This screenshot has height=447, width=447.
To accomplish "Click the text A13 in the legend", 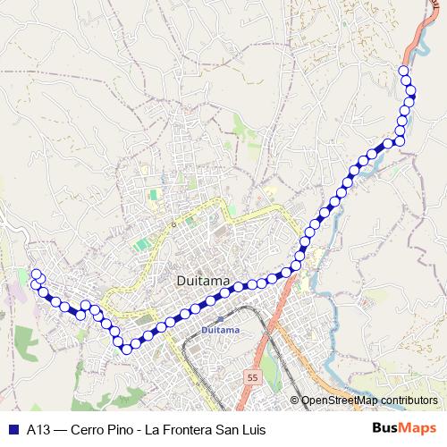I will click(x=38, y=427).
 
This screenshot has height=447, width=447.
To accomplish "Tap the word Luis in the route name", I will click(x=254, y=427).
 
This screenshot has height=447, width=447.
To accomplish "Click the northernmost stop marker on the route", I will click(x=403, y=71).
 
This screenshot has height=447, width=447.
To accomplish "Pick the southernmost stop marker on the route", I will click(x=126, y=347).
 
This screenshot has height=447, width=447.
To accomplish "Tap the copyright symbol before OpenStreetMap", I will click(x=294, y=400).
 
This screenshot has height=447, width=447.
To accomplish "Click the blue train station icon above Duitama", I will click(x=220, y=319).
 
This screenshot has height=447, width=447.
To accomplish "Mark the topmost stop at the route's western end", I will click(x=36, y=274).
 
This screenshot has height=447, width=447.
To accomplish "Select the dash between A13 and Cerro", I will click(x=58, y=427).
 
